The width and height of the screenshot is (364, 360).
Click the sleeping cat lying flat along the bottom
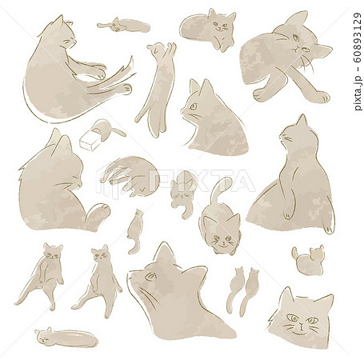tap(66, 338)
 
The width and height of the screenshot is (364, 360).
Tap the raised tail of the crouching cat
tap(221, 192)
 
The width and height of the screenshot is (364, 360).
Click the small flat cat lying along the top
tap(123, 25)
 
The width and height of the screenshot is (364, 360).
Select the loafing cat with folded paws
tap(208, 30)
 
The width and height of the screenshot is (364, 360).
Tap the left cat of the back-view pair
tap(235, 290)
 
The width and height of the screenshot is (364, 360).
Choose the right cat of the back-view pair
tap(250, 290)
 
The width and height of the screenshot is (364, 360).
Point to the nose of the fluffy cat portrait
tap(300, 325)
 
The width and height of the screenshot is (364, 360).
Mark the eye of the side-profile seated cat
tap(193, 106)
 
